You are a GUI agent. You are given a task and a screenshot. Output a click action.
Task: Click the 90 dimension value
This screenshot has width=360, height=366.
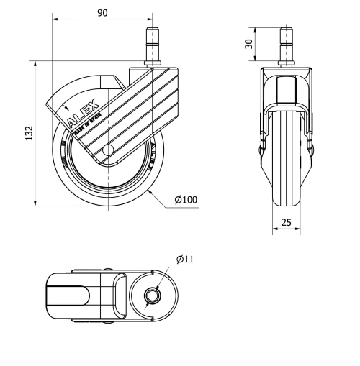[x=103, y=13]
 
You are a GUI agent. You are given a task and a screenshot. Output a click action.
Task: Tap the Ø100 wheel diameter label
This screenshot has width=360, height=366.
[x=185, y=198]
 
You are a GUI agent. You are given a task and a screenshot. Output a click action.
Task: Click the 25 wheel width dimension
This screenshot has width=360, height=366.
[x=286, y=223]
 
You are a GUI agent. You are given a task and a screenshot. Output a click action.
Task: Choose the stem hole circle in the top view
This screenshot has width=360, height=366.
[x=153, y=296]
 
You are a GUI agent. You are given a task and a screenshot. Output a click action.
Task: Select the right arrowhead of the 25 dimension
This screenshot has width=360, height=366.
[x=299, y=231]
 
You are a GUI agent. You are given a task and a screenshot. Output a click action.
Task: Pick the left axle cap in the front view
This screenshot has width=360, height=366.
[x=261, y=149]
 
